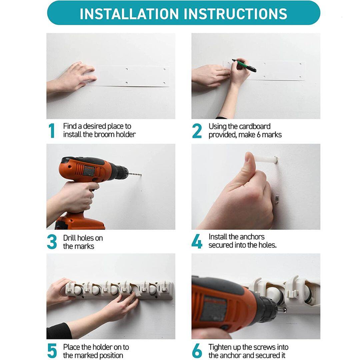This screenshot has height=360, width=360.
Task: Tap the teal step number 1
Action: coord(52,131)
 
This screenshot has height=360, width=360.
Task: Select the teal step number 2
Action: coord(197,131)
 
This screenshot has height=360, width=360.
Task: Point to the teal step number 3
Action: coord(52,242)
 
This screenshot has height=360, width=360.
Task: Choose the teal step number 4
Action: coord(197,241)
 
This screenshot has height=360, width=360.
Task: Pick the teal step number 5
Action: coord(52,351)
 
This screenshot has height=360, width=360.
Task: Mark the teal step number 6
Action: coord(197,351)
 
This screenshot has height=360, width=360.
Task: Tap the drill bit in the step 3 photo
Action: coord(135,174)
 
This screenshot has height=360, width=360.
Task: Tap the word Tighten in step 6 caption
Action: coord(221,347)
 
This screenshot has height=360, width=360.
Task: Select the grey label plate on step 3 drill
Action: coord(89,171)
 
